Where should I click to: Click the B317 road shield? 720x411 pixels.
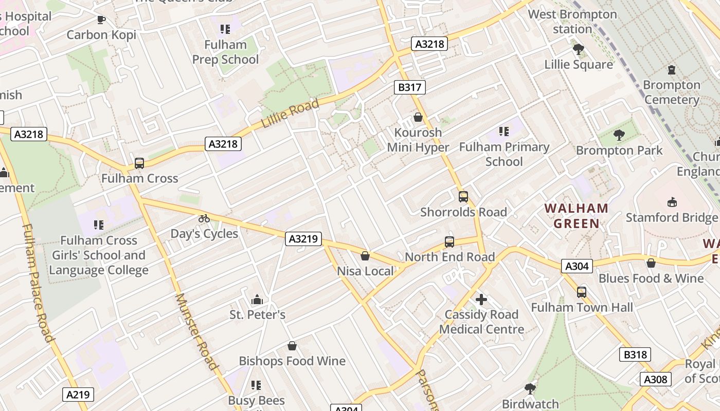click(x=410, y=87)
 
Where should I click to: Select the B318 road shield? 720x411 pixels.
click(x=635, y=354)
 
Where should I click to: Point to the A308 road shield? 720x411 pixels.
click(x=656, y=380)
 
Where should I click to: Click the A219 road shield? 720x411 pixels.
click(x=79, y=395)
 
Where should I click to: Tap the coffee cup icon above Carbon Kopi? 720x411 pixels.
click(x=101, y=20)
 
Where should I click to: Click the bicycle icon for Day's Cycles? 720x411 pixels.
click(x=204, y=218)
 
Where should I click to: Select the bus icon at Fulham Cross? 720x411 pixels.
click(x=139, y=163)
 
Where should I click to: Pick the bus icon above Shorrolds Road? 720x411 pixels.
click(x=463, y=196)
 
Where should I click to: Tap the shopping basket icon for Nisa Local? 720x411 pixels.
click(x=365, y=255)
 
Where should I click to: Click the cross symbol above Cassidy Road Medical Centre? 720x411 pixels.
click(x=481, y=299)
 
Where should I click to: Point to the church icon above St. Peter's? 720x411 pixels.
click(x=257, y=300)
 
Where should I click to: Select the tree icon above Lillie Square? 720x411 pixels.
click(x=579, y=49)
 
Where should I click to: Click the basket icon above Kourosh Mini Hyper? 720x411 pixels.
click(x=418, y=117)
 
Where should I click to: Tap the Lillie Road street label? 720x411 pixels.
click(x=290, y=114)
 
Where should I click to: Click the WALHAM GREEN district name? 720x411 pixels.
click(x=576, y=216)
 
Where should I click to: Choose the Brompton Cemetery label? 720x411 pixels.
click(x=671, y=92)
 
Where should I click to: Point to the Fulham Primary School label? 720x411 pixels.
click(x=504, y=154)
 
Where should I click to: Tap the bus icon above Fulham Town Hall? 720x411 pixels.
click(x=581, y=292)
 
